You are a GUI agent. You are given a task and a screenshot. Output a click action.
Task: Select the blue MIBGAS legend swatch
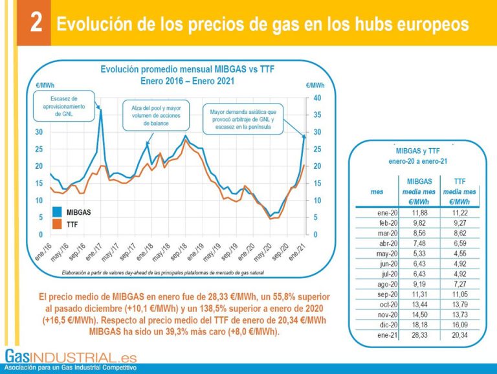(57, 212)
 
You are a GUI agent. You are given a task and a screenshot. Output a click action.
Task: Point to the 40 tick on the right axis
(317, 98)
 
